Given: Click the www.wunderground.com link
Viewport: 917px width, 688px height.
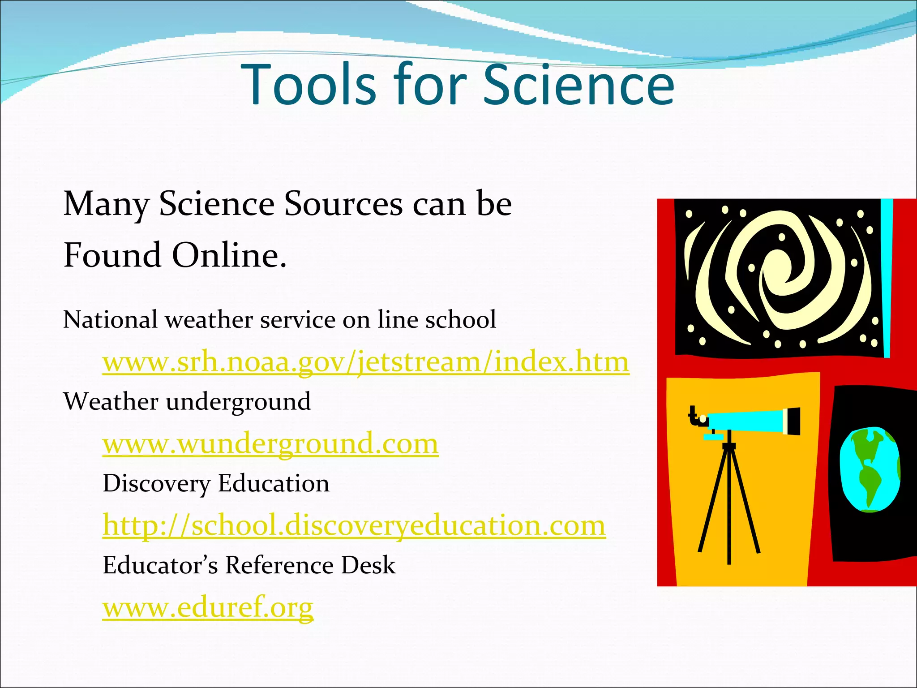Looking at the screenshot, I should point(270,444).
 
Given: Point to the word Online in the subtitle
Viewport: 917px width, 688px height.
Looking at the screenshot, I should point(229,255).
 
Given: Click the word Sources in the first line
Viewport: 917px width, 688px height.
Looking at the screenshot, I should point(343,204).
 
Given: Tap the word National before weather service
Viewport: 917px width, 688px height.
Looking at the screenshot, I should point(110,320).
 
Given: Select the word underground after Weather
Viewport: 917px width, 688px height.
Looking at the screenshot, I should point(238,402).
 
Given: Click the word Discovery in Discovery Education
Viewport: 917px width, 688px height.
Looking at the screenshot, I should point(157,484).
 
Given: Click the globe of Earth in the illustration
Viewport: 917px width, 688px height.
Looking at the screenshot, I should point(869,469).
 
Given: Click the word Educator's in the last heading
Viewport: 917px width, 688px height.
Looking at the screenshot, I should point(160,565).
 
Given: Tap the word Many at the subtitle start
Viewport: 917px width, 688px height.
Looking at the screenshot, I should point(106,204).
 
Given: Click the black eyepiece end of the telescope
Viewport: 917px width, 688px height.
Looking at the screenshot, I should point(793,421).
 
